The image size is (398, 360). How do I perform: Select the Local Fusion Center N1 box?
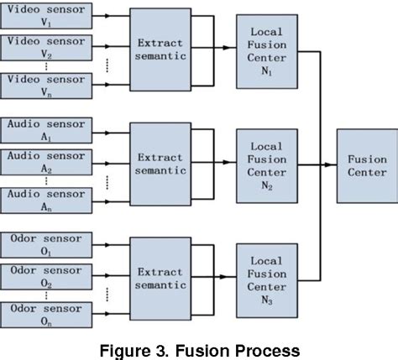(266, 50)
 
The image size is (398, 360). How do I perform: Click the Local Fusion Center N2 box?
(266, 165)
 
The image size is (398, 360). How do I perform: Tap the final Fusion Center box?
(367, 165)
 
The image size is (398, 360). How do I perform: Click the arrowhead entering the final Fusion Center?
(333, 165)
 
